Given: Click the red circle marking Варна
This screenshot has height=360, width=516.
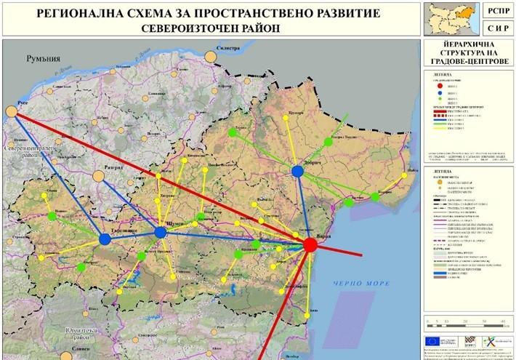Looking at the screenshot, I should [310, 245].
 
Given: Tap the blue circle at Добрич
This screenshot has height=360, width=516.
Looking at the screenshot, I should [297, 171].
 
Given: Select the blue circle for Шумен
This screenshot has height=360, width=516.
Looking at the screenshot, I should [160, 232].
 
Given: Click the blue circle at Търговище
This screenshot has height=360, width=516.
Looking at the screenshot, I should [102, 239].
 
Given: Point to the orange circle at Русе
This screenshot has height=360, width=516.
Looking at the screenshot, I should [12, 111].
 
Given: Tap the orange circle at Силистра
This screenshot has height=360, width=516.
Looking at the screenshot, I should [211, 57].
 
